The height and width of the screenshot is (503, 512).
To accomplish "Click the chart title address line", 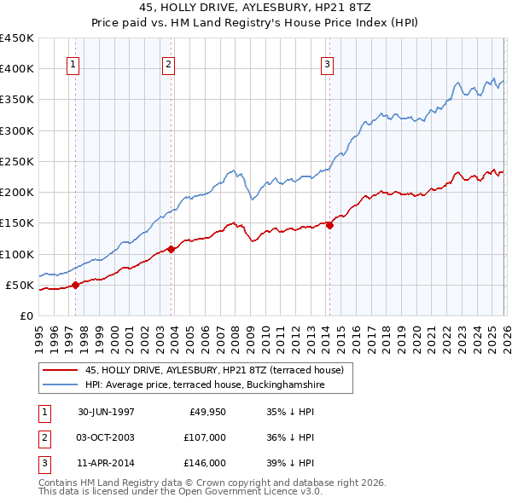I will [256, 8].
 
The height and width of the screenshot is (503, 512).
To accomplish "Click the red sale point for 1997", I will [76, 285].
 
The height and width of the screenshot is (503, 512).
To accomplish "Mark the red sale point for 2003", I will [171, 249].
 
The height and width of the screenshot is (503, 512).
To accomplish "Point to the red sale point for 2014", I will [329, 225].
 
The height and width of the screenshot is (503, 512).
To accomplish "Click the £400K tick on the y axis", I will [17, 69].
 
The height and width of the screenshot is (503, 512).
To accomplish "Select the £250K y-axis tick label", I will [17, 161].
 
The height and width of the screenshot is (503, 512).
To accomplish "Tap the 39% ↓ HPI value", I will [291, 463].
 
